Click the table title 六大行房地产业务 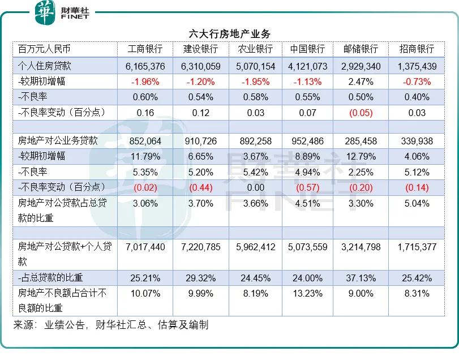click(229, 34)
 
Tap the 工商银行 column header click(145, 49)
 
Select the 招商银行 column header click(417, 49)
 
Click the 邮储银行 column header click(361, 49)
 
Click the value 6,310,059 click(201, 66)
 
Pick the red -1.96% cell click(145, 82)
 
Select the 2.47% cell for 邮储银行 click(361, 82)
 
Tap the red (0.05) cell click(361, 113)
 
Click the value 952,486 click(308, 140)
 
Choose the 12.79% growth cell click(361, 156)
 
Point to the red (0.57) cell click(308, 187)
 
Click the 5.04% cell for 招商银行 click(417, 203)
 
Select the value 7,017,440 click(145, 247)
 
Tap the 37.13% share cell click(361, 278)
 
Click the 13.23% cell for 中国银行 click(308, 293)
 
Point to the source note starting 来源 click(111, 325)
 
